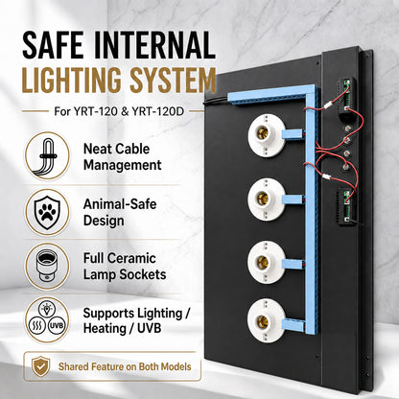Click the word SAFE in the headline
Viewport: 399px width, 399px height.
(x=53, y=45)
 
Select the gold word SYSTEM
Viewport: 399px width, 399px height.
(x=173, y=80)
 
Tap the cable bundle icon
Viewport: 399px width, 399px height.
(x=47, y=156)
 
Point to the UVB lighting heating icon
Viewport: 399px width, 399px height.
(x=47, y=320)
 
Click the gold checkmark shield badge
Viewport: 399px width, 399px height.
(x=41, y=366)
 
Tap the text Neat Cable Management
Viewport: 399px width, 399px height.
(x=123, y=157)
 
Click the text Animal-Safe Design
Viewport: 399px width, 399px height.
(x=120, y=212)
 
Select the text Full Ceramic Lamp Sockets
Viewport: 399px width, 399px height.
(x=125, y=267)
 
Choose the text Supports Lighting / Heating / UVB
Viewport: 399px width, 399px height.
(x=137, y=320)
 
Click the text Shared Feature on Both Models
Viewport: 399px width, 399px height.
(x=125, y=366)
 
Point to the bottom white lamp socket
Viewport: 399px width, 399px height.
(x=267, y=320)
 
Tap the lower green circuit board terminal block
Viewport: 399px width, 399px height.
(x=346, y=207)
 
